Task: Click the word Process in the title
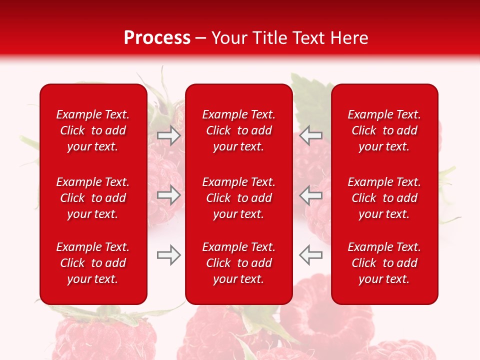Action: point(157,38)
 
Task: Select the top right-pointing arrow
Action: point(168,135)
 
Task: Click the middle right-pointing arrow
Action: point(168,195)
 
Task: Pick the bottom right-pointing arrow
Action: point(168,255)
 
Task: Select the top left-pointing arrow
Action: point(310,135)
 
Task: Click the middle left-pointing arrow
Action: point(310,195)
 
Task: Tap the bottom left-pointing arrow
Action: point(310,255)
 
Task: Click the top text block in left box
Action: point(93,130)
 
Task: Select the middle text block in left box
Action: point(93,198)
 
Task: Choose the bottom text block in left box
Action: point(93,263)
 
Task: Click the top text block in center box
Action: point(238,130)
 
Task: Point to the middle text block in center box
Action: point(238,198)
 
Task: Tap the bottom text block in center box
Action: point(238,263)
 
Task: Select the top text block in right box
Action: point(384,130)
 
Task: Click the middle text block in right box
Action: point(384,198)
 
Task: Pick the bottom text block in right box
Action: point(384,263)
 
